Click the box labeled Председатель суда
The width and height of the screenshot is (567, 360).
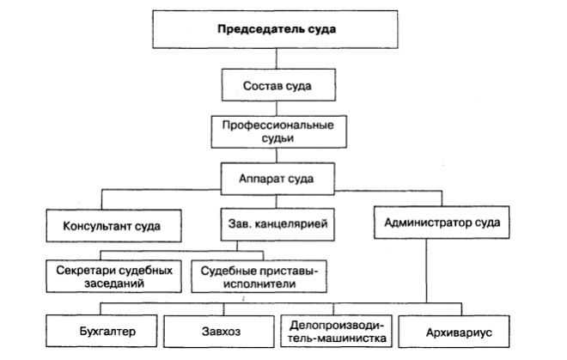coord(275,29)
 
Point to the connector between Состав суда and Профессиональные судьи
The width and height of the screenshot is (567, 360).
coord(275,107)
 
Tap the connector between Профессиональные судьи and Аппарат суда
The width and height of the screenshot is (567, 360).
coord(275,158)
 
